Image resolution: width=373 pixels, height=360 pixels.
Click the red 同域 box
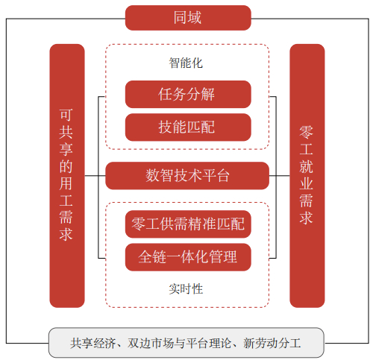click(187, 17)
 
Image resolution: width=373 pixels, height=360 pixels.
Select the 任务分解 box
click(187, 95)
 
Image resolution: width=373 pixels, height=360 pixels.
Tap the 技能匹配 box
click(187, 127)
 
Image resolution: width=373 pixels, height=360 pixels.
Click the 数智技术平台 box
click(187, 176)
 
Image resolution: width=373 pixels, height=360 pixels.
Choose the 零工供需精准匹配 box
click(187, 224)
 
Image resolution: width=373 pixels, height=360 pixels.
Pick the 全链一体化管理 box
click(187, 256)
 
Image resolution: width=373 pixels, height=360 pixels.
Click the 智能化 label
click(186, 63)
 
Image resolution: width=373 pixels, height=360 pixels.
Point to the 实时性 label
click(186, 288)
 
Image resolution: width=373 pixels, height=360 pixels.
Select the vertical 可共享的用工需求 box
click(67, 176)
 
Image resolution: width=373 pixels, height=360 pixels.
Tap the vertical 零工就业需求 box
click(307, 176)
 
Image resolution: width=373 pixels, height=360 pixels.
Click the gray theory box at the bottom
click(186, 344)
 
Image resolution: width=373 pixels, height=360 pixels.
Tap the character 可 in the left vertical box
click(67, 116)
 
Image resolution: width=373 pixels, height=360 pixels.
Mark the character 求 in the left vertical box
click(67, 236)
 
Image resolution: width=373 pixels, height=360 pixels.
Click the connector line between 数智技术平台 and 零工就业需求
click(279, 176)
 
